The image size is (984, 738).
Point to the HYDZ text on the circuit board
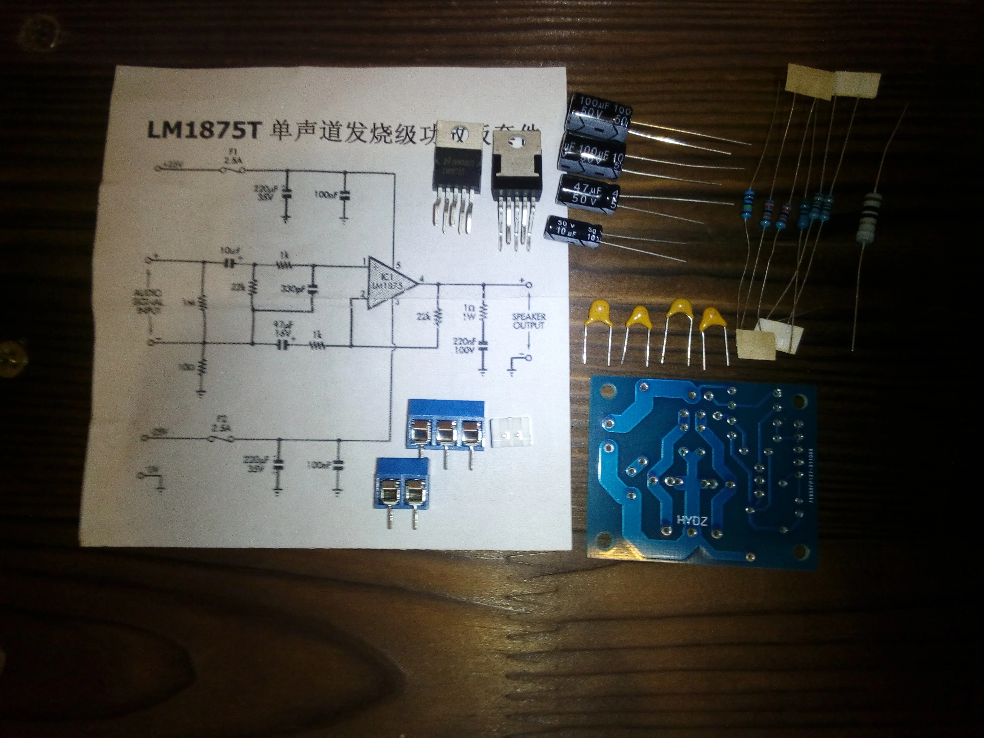(x=691, y=520)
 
